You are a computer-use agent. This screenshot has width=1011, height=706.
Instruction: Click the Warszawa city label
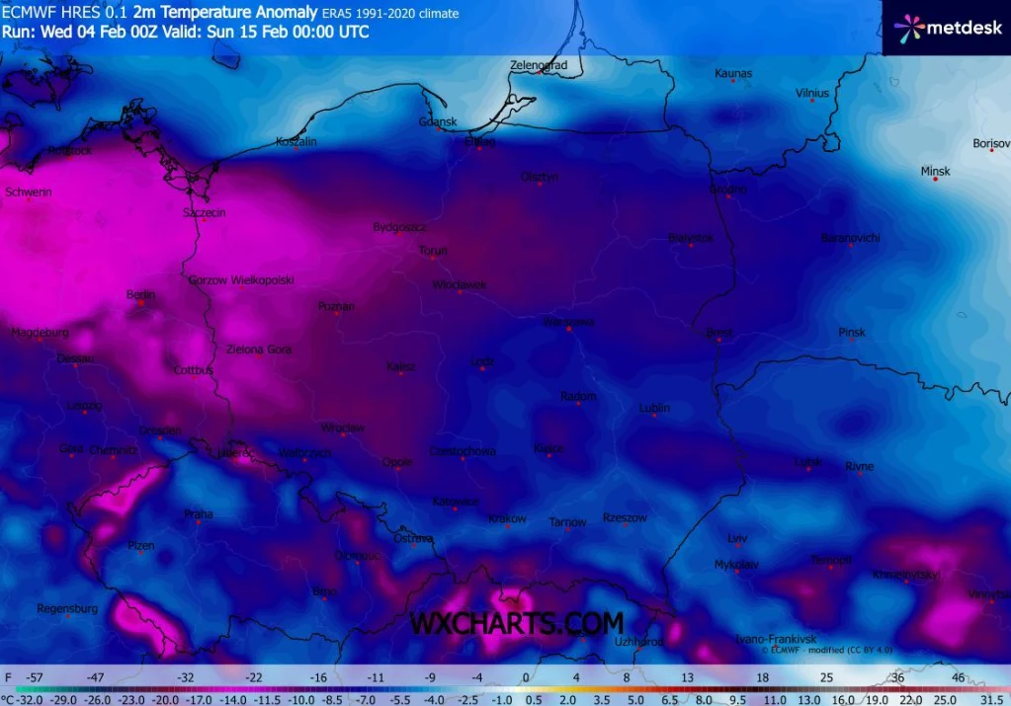(x=568, y=322)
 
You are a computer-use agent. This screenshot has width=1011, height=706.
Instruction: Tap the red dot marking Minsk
(x=934, y=179)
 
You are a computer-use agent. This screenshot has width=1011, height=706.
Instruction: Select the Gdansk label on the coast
(x=438, y=121)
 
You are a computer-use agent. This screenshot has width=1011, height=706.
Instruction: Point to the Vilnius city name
(x=811, y=93)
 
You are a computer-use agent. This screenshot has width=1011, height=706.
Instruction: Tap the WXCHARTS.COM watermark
(x=517, y=624)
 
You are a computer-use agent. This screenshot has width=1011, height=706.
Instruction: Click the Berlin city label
(x=141, y=294)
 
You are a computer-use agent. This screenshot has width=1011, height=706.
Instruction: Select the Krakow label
(x=507, y=518)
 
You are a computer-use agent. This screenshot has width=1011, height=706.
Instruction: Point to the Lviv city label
(x=737, y=538)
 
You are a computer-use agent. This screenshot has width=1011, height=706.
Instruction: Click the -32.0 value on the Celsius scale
(x=26, y=699)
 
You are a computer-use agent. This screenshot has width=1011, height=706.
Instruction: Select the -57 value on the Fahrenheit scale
(x=34, y=678)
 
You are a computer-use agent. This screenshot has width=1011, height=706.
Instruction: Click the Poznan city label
(x=336, y=306)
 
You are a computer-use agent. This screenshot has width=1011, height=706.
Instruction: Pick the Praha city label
(x=198, y=513)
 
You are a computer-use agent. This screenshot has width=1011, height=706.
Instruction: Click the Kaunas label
(x=733, y=73)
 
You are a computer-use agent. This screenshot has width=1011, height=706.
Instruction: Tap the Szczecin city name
(x=205, y=212)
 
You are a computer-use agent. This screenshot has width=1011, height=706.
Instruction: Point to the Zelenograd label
(x=539, y=65)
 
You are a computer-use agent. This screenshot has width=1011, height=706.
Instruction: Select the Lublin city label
(x=654, y=407)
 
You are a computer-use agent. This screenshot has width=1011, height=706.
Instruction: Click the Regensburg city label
(x=67, y=608)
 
